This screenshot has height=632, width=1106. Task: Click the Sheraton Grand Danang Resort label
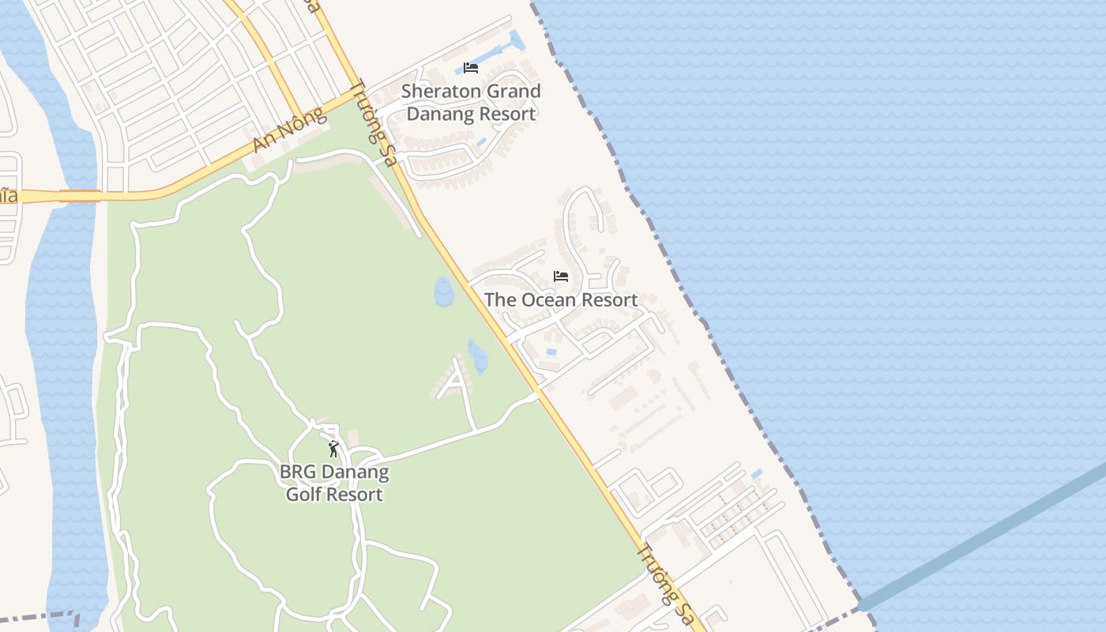(471, 103)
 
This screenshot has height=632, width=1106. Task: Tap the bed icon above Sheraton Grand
(471, 68)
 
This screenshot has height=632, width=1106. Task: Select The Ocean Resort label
(561, 300)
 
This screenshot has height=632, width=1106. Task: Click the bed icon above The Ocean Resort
(561, 276)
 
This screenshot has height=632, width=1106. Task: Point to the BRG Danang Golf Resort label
(333, 483)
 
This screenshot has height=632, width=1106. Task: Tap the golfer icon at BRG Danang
(333, 450)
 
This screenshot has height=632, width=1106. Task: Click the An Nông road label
(289, 131)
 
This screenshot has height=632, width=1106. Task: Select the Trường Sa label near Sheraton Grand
(372, 123)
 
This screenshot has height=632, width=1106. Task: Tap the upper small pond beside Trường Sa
(444, 292)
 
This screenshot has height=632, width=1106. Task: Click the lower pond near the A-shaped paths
(477, 356)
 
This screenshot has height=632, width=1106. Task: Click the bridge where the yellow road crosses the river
(79, 195)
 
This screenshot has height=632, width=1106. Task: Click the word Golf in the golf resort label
(301, 495)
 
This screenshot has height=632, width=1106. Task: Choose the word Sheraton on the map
(441, 92)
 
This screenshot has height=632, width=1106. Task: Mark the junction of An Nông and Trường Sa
(360, 92)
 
